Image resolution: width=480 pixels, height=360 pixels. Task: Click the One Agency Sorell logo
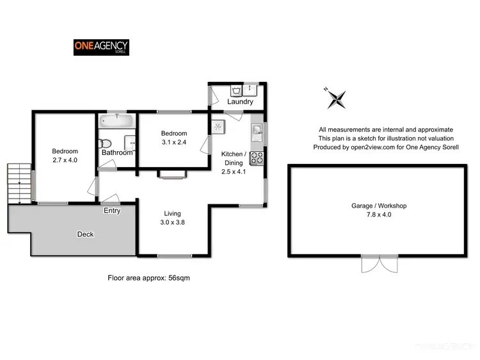click(101, 47)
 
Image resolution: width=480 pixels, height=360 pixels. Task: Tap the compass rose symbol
click(335, 98)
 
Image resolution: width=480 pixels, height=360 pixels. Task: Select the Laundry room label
click(240, 102)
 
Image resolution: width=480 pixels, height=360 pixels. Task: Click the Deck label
click(85, 234)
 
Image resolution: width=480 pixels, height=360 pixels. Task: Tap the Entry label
click(111, 210)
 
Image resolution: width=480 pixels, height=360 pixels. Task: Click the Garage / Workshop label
click(379, 206)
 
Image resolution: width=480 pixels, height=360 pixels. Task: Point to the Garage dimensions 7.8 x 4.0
click(379, 215)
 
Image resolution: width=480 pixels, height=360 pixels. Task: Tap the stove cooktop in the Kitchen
click(257, 156)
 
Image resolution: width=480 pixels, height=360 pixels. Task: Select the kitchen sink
click(257, 132)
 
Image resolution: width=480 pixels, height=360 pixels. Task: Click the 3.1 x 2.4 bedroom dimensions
click(174, 142)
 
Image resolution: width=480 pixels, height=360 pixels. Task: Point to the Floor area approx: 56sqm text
click(148, 278)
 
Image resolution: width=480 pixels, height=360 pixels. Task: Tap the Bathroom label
click(117, 152)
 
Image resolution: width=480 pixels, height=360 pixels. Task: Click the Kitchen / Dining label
click(232, 158)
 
